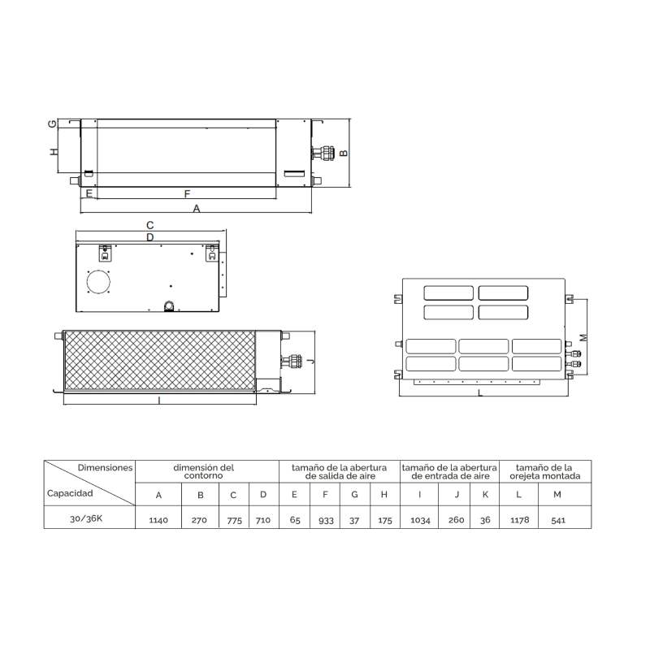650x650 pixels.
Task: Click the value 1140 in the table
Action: pyautogui.click(x=158, y=520)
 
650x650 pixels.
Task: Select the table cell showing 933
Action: pyautogui.click(x=326, y=520)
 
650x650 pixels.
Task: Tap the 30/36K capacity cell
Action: pyautogui.click(x=86, y=518)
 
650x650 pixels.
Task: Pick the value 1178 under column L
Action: pyautogui.click(x=520, y=520)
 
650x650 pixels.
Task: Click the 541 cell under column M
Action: pyautogui.click(x=558, y=520)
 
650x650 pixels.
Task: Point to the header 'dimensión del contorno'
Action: pyautogui.click(x=204, y=471)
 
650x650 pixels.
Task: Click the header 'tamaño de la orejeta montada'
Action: pyautogui.click(x=544, y=472)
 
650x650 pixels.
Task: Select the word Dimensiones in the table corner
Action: pyautogui.click(x=106, y=468)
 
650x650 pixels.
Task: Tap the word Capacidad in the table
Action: pyautogui.click(x=70, y=493)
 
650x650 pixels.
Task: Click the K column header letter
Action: pyautogui.click(x=485, y=494)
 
